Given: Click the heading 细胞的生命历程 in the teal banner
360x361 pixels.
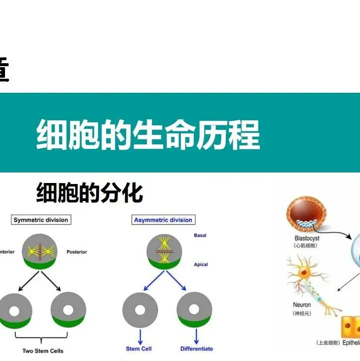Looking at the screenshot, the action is (x=148, y=134).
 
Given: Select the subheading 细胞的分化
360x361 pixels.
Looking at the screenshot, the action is (x=90, y=193).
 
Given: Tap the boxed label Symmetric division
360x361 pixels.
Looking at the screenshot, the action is (x=41, y=220).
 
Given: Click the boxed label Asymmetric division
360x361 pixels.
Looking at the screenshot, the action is (x=163, y=220).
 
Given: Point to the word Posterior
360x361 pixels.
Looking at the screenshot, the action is (x=77, y=252).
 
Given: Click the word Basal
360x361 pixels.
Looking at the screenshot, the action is (x=200, y=235).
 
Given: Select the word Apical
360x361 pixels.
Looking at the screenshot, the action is (x=200, y=264).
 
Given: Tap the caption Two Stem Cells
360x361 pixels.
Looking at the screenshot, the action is (x=43, y=351).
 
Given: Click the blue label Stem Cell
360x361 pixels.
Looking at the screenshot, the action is (x=139, y=348).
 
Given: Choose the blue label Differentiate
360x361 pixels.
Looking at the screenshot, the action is (x=196, y=348).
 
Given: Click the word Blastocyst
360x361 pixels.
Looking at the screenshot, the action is (x=307, y=238).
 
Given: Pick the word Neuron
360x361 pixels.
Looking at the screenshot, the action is (x=302, y=305).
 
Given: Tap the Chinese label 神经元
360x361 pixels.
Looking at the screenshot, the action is (x=302, y=313).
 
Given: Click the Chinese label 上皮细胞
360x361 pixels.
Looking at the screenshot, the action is (x=328, y=343).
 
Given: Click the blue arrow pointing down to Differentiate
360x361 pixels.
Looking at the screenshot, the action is (x=195, y=334).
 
